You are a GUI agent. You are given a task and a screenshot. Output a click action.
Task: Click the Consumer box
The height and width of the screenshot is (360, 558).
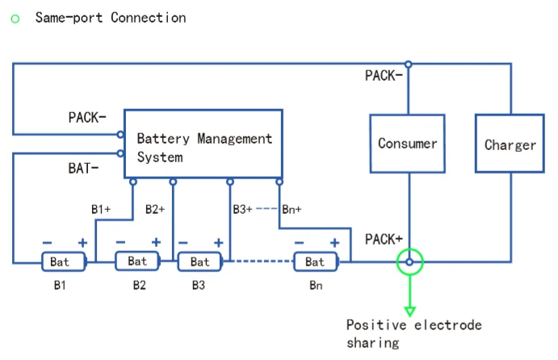[407, 143]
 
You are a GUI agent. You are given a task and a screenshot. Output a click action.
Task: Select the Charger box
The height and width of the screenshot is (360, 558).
[510, 144]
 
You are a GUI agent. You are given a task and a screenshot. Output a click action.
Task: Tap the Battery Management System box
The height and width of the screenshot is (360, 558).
[203, 144]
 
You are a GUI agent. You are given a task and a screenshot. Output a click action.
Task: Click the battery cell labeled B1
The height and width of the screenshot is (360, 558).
[60, 262]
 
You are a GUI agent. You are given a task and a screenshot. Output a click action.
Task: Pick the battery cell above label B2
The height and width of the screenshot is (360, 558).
[137, 261]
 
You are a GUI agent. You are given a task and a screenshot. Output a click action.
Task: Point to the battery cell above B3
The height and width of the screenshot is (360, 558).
[199, 262]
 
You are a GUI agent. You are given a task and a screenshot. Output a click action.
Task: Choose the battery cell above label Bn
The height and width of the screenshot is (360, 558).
[315, 262]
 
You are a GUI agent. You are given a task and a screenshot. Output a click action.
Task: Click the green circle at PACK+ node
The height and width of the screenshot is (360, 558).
[410, 262]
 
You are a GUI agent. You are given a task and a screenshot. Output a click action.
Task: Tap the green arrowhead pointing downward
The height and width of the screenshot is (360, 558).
[410, 310]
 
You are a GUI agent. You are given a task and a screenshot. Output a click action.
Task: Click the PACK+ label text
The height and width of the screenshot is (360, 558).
[384, 240]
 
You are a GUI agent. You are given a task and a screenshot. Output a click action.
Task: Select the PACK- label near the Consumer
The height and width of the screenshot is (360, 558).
[384, 76]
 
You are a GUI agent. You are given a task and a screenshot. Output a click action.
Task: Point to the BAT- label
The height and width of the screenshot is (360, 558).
[84, 169]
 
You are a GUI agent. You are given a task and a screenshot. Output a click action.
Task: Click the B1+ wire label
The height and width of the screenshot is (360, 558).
[101, 209]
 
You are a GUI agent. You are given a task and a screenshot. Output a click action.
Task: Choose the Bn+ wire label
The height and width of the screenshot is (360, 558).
[292, 209]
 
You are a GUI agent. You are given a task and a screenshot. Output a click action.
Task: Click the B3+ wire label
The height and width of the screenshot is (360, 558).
[242, 209]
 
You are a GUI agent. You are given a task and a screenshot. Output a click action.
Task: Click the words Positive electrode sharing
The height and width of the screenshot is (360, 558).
[413, 334]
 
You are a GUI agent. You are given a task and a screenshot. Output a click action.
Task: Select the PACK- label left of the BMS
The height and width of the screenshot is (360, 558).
[86, 117]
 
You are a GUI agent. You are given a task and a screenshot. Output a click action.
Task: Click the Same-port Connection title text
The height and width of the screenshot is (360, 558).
[110, 17]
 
